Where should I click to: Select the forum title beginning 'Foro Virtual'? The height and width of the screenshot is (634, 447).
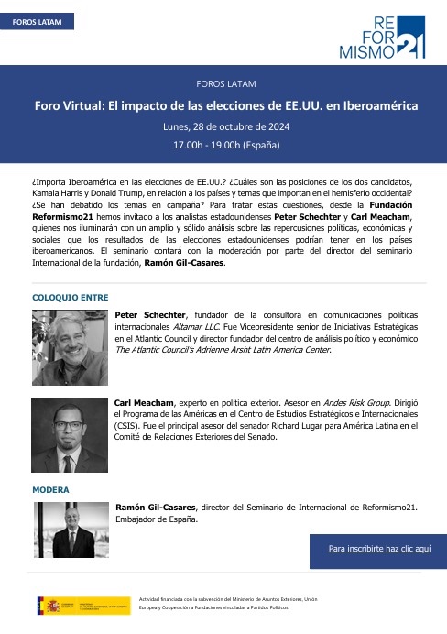[223, 105]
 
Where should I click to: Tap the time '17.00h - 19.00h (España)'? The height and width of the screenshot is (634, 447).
[223, 145]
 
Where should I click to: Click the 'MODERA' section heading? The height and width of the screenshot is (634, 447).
[50, 490]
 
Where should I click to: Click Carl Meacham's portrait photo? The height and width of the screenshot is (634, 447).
[71, 436]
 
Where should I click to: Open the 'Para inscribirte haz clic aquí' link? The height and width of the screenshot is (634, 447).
[378, 548]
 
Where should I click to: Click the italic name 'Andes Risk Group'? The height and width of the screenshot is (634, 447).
[332, 402]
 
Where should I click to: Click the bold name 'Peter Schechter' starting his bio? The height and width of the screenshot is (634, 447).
[149, 314]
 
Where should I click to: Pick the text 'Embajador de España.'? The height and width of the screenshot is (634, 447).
[156, 519]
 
